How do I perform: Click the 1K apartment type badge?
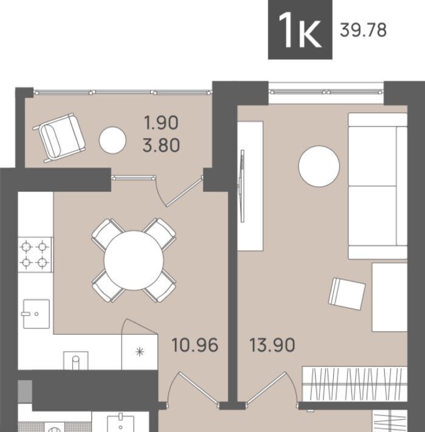300,29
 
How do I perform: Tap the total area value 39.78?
363,30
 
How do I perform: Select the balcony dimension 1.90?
161,122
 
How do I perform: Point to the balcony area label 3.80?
161,145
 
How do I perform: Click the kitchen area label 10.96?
195,345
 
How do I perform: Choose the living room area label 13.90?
272,345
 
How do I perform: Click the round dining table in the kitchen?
134,260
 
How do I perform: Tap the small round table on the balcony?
112,140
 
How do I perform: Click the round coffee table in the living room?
319,166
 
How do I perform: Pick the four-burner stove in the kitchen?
35,255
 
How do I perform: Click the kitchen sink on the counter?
36,314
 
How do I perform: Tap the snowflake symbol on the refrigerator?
140,352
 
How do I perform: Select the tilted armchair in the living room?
347,294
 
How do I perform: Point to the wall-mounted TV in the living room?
242,186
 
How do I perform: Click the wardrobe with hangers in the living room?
355,384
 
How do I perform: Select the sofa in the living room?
378,186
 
